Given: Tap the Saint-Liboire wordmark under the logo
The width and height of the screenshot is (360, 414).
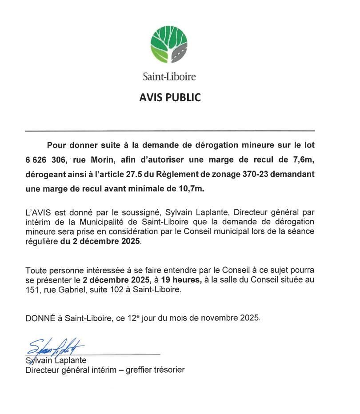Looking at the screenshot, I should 169,77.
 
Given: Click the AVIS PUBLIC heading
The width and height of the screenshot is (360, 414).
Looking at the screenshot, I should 170,98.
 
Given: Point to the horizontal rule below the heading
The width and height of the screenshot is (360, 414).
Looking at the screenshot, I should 170,131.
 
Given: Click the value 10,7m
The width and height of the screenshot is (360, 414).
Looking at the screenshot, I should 191,189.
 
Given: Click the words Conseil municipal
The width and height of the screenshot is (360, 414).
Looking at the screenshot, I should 218,231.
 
